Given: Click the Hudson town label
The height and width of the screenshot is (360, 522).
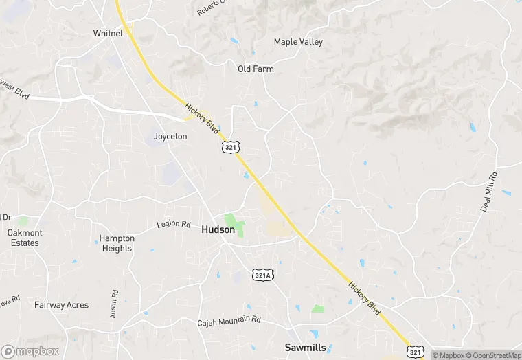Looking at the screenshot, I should (x=218, y=230).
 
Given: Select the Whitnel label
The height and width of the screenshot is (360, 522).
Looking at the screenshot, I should (x=108, y=33).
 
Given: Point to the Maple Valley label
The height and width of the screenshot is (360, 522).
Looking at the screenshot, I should (x=298, y=42).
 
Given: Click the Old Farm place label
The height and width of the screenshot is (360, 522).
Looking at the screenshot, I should (x=256, y=69).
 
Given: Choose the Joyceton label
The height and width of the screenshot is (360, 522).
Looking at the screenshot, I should (x=170, y=136).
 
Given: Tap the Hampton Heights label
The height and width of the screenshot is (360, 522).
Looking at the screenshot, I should (x=117, y=243).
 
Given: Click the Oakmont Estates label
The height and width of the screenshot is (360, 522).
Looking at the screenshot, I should (x=25, y=238).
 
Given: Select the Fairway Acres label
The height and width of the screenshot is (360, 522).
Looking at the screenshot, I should (x=62, y=305).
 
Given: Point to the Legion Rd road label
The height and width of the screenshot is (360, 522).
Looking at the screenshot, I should (x=173, y=224).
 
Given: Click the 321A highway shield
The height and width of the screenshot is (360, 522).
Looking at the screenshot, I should (x=262, y=274).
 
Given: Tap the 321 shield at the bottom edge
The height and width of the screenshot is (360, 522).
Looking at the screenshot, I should (x=414, y=352).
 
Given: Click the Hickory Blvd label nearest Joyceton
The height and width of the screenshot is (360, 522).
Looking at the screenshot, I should (x=202, y=118).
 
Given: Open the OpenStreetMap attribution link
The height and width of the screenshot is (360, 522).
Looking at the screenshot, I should (x=492, y=355).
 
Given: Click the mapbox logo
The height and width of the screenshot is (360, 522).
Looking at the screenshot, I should (x=30, y=352).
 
